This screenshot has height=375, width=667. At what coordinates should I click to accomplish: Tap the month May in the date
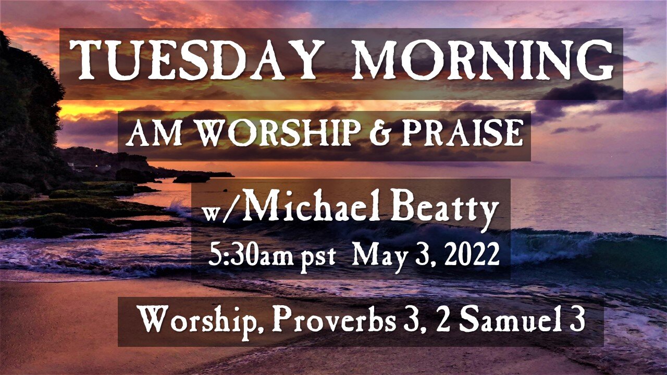point(376,257)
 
